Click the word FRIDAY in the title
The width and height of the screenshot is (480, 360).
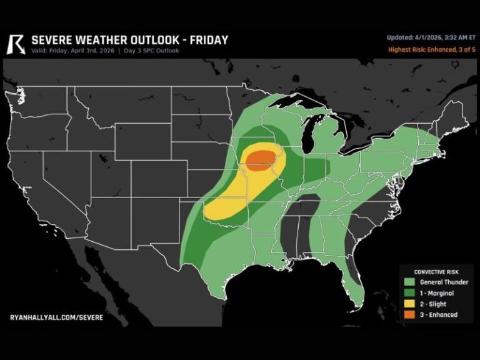pos(206,40)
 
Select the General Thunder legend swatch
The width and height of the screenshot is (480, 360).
pos(409,282)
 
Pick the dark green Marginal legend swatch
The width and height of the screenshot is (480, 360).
pos(409,293)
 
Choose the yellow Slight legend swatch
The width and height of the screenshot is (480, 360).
pos(409,304)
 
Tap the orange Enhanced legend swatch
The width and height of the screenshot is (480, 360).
pos(409,314)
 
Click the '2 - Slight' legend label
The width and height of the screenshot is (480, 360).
pos(434,304)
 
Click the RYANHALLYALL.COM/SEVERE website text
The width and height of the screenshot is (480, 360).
pos(56,317)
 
